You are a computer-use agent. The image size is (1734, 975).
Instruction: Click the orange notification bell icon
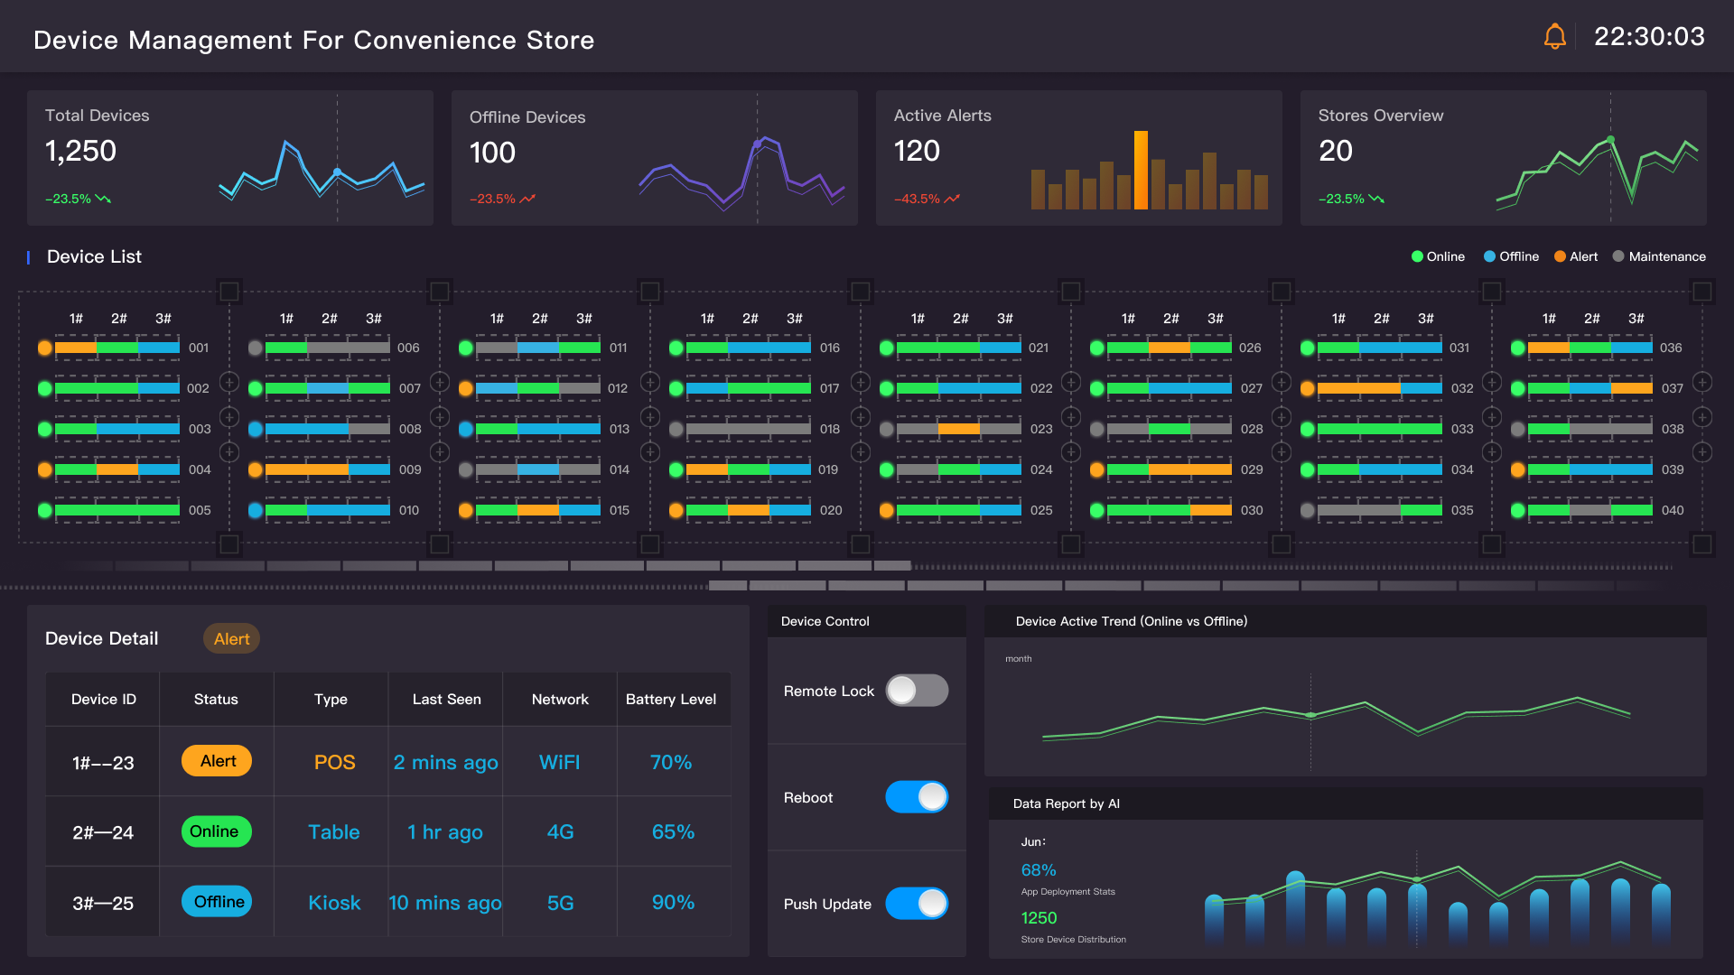point(1554,37)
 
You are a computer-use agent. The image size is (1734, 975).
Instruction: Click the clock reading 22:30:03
point(1649,37)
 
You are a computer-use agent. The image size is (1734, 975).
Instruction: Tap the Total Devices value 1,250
point(80,151)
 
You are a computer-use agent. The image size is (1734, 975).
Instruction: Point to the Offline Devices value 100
point(492,153)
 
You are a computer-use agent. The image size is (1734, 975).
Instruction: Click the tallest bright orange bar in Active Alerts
point(1141,170)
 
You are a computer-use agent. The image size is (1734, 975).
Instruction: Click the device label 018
point(829,429)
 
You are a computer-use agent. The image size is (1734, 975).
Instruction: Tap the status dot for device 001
point(44,348)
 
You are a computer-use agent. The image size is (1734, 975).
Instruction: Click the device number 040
point(1672,510)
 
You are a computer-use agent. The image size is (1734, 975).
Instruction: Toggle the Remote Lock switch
point(916,691)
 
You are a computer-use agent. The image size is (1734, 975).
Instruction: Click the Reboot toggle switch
point(916,797)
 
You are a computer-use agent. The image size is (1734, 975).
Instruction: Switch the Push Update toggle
point(916,903)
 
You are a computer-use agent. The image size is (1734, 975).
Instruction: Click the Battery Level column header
point(670,700)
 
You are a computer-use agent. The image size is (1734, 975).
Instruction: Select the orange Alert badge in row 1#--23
point(217,761)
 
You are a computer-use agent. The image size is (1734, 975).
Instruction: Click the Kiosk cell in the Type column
point(333,903)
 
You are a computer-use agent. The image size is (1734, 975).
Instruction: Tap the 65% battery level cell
point(673,831)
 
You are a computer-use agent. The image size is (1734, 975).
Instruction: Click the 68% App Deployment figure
point(1038,870)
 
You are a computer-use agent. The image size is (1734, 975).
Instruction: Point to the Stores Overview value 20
point(1335,151)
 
